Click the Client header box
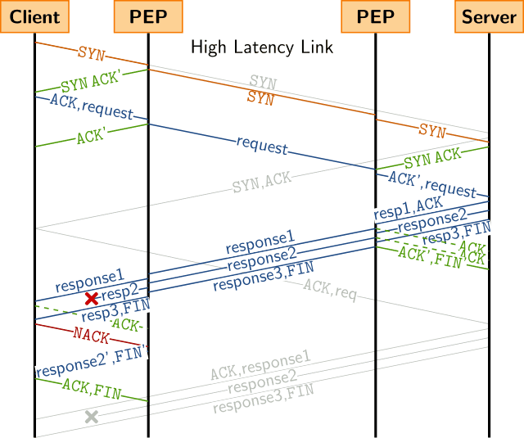[35, 16]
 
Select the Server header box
[489, 16]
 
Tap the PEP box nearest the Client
[148, 16]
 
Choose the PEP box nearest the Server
[376, 16]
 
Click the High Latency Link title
[262, 47]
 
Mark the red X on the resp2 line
[92, 299]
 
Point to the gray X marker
[92, 417]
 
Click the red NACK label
[91, 333]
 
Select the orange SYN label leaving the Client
[91, 54]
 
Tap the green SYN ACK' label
[91, 81]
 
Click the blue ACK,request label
[91, 107]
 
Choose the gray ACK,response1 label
[261, 366]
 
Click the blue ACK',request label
[431, 184]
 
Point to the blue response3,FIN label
[263, 277]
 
